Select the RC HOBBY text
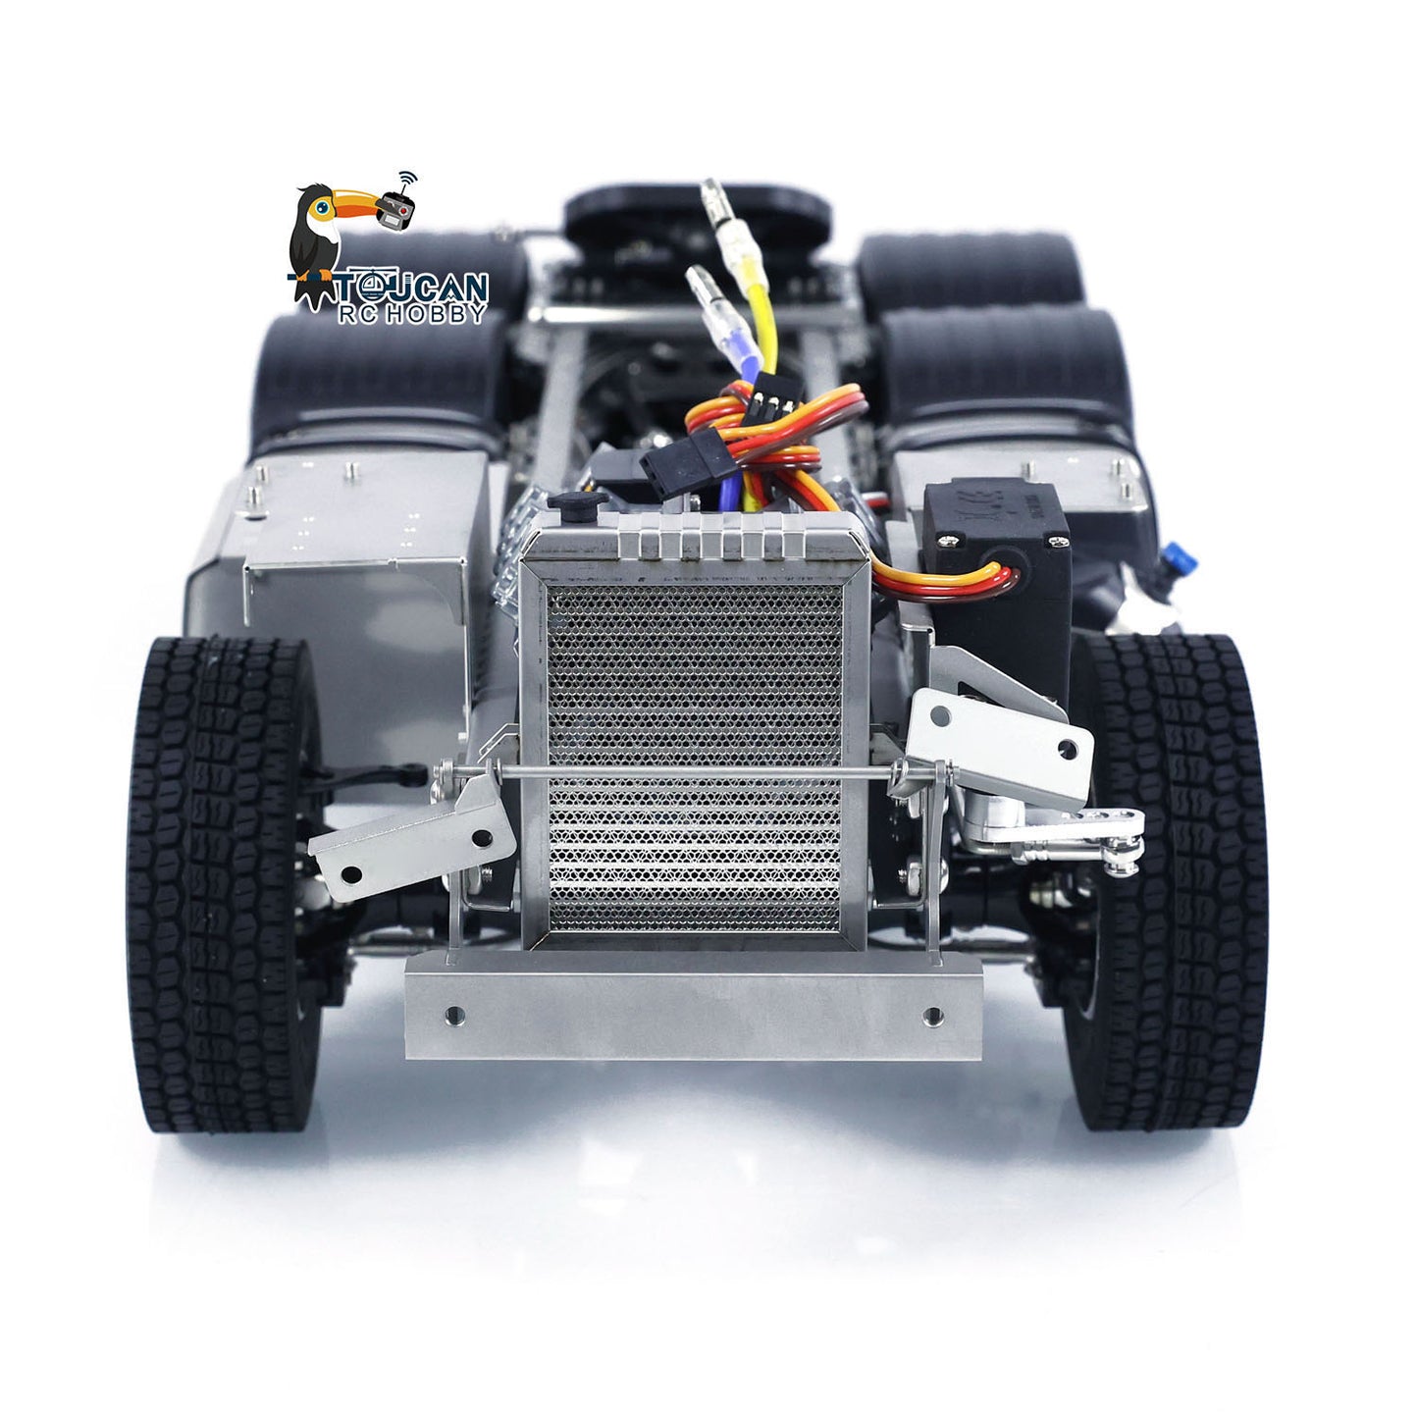[x=412, y=314]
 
